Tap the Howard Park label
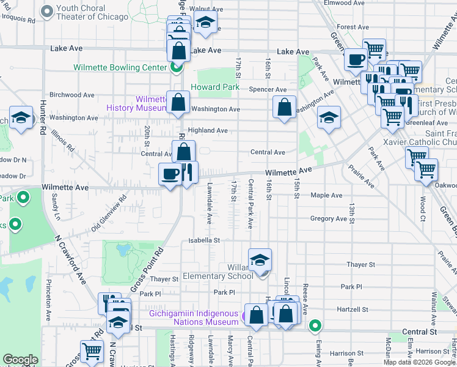click(215, 87)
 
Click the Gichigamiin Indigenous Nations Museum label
click(194, 317)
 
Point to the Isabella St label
click(203, 240)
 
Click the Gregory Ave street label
click(328, 218)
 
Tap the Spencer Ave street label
click(268, 90)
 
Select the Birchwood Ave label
click(71, 95)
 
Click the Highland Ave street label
click(208, 130)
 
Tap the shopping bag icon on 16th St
click(285, 108)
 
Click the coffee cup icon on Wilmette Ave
click(170, 174)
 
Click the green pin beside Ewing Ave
click(315, 325)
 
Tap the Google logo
click(20, 360)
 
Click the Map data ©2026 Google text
click(418, 362)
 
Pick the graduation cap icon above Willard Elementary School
click(260, 259)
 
